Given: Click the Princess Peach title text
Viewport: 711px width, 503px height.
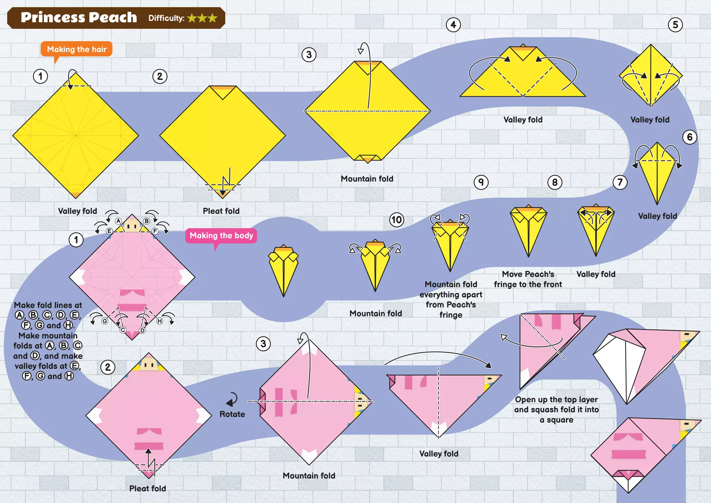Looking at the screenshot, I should click(79, 17).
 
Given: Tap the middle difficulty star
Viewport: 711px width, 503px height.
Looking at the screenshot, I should click(202, 18).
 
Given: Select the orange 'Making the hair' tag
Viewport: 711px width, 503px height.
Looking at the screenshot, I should click(76, 49).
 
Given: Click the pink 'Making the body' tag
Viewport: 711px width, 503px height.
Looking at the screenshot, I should click(221, 236).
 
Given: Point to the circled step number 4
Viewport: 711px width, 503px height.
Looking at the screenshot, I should click(453, 25).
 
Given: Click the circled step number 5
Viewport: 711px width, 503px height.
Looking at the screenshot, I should click(675, 25).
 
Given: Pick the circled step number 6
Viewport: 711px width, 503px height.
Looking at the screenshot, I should click(689, 137).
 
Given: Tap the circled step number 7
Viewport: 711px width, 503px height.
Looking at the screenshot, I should click(620, 182).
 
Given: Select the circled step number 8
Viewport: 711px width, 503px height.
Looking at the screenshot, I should click(554, 182).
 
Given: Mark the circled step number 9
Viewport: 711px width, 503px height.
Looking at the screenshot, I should click(481, 182).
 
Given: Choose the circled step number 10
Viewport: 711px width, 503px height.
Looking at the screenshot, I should click(396, 220).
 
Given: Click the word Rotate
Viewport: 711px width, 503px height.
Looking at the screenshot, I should click(232, 414).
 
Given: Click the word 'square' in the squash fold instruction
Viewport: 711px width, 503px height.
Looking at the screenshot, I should click(560, 420).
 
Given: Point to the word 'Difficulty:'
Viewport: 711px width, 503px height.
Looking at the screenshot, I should click(166, 18).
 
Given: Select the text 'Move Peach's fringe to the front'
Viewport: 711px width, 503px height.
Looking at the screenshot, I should click(528, 279).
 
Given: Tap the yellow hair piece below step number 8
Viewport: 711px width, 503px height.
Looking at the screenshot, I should click(528, 229).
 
